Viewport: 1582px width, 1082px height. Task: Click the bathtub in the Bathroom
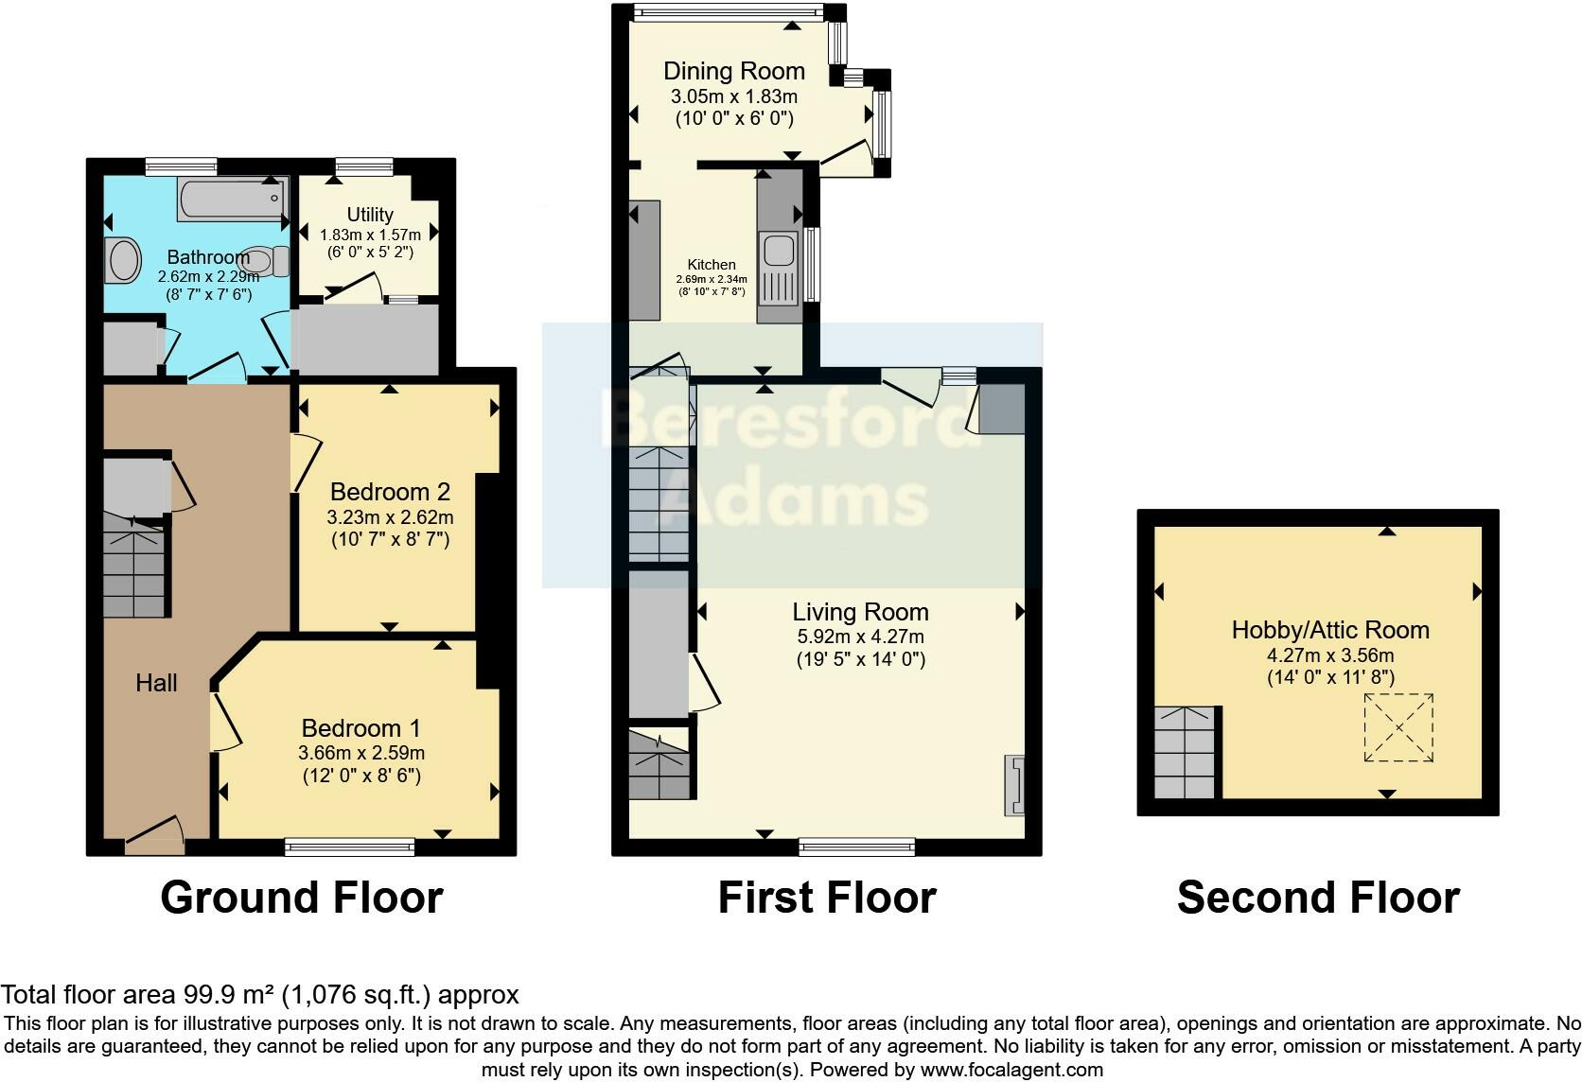[233, 199]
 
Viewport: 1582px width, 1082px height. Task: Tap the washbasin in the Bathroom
[123, 260]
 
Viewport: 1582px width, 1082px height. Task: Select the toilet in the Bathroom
[264, 261]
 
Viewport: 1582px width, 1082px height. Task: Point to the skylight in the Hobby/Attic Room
[1398, 727]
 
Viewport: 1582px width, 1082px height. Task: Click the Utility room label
[370, 214]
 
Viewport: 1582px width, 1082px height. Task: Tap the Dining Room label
[734, 71]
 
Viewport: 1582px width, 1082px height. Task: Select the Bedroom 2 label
[390, 491]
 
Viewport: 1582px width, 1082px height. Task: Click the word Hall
[156, 683]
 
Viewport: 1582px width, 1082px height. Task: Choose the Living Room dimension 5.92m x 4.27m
[860, 637]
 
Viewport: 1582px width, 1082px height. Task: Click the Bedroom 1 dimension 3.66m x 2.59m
[361, 753]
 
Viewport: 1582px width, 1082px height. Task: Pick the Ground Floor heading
[302, 898]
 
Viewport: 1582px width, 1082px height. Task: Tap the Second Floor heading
[1318, 898]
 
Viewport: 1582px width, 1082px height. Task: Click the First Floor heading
[827, 898]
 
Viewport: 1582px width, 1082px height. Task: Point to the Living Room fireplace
[1015, 786]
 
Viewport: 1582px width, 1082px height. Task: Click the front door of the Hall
[154, 835]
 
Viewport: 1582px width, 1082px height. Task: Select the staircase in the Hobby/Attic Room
[1185, 752]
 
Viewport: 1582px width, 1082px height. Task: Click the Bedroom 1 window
[349, 846]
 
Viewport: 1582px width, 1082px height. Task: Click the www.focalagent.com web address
[1012, 1070]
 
